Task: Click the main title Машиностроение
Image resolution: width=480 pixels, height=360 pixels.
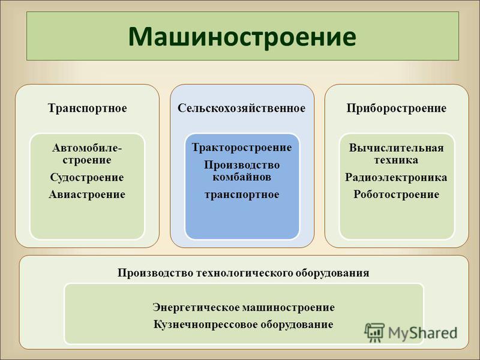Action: click(x=242, y=37)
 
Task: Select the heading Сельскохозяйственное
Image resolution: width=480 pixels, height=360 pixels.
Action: click(x=242, y=108)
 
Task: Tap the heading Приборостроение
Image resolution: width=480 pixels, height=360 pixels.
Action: click(x=397, y=109)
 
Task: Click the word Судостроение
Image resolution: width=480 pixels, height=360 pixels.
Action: click(x=87, y=178)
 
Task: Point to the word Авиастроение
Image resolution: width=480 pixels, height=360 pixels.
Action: click(x=87, y=194)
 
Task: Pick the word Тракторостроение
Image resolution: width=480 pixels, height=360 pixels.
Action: click(x=242, y=148)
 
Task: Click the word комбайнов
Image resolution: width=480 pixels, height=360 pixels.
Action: click(x=242, y=177)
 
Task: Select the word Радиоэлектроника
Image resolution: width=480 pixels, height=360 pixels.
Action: click(x=396, y=178)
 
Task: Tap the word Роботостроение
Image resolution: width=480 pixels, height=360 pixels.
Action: click(x=397, y=194)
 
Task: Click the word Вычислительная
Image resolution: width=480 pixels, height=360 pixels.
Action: click(x=397, y=148)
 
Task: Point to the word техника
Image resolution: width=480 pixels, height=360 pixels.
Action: click(x=396, y=160)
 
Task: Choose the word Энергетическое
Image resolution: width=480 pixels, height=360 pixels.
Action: click(x=196, y=307)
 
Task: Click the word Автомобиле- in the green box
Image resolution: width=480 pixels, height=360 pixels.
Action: click(x=87, y=148)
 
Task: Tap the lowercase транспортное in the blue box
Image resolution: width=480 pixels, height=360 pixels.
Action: click(x=242, y=194)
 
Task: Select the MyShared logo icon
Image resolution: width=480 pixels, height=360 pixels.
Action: click(x=374, y=332)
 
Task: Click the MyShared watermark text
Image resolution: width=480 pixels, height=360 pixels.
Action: click(x=423, y=333)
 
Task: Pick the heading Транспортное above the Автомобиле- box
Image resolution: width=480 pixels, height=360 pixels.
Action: click(x=87, y=109)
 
